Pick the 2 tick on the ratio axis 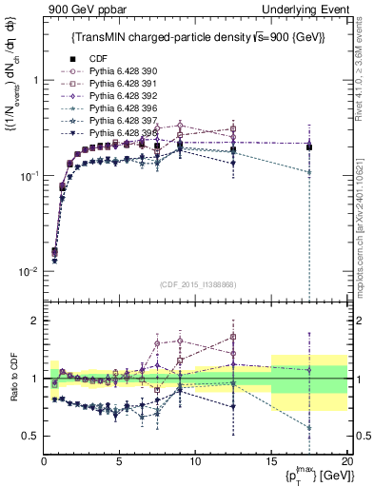click(x=36, y=321)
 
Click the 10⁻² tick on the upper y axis click(x=29, y=271)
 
